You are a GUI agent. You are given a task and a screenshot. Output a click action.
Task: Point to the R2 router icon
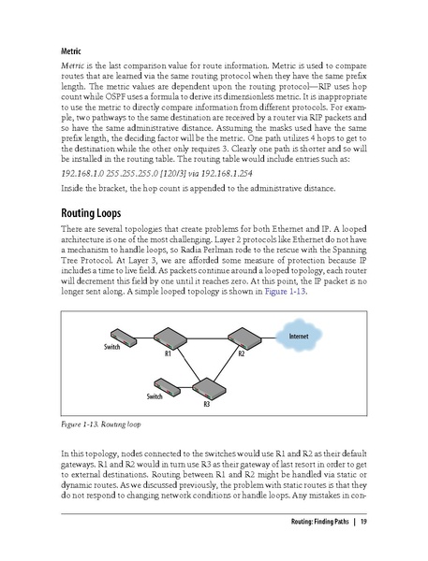coord(241,339)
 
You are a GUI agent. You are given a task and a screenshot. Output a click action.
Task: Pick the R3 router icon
coord(205,387)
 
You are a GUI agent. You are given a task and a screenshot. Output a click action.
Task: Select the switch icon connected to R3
coord(157,385)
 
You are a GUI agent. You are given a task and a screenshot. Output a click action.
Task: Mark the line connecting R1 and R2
coord(204,341)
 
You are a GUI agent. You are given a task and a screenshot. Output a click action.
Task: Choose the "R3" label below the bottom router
coord(206,404)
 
